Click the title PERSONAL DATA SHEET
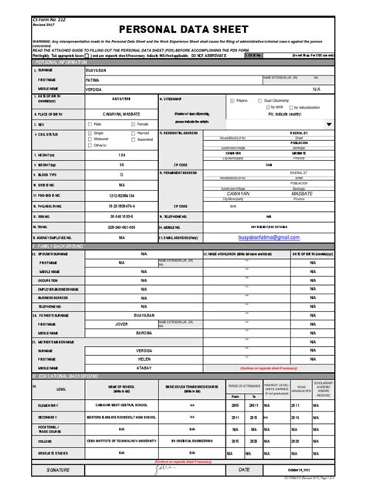click(x=182, y=24)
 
